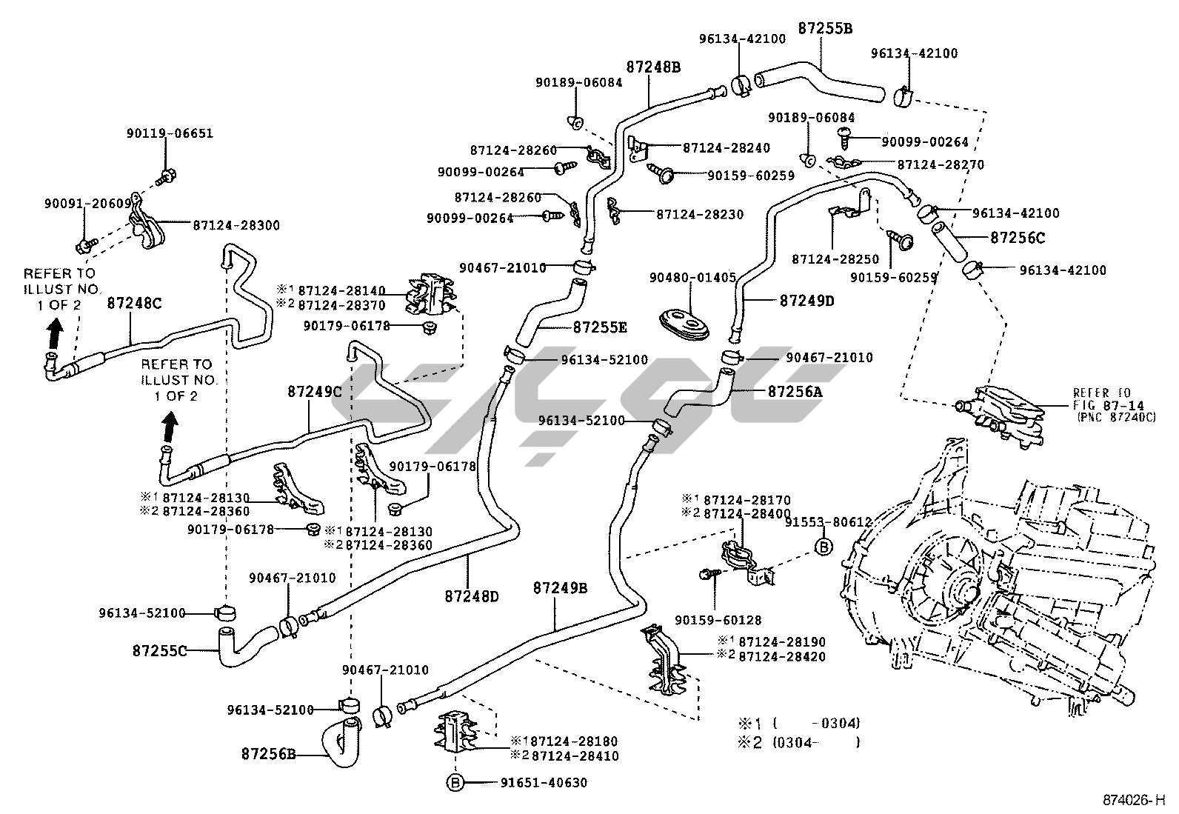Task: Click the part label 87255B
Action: click(x=825, y=29)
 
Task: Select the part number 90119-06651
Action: click(x=170, y=133)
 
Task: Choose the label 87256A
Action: click(x=795, y=392)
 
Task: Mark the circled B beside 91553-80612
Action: click(x=823, y=547)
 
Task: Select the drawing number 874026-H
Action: click(x=1133, y=801)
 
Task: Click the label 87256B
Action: click(x=268, y=755)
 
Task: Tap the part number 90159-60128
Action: click(x=718, y=620)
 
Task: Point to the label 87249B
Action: click(x=560, y=588)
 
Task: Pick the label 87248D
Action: click(x=472, y=595)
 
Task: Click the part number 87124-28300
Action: click(x=236, y=224)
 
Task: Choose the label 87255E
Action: click(x=600, y=326)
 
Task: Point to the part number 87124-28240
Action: click(x=726, y=147)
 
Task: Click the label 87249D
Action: click(x=806, y=301)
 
